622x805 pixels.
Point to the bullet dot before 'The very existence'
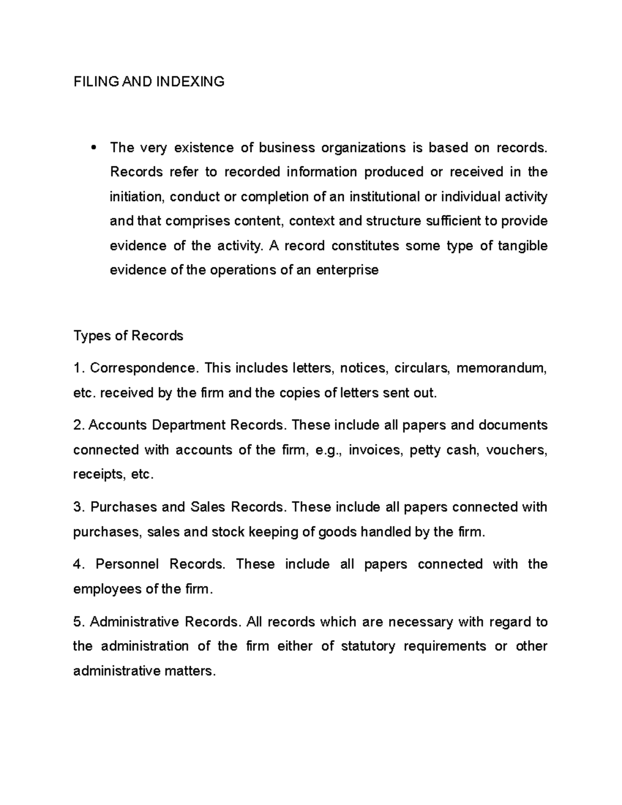pos(94,148)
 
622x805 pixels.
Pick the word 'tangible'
pos(522,246)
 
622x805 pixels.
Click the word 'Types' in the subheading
pos(92,336)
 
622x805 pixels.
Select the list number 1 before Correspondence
pos(78,369)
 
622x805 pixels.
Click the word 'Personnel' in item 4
pos(127,564)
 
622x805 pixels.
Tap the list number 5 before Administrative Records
pos(79,622)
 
